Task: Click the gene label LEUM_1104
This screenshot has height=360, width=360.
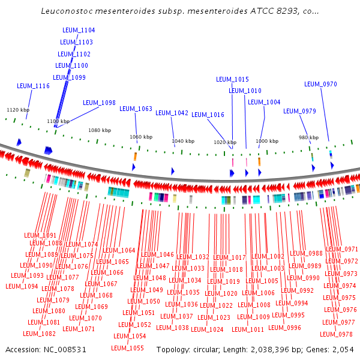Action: tap(79, 30)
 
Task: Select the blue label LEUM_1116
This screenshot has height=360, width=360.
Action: tap(33, 86)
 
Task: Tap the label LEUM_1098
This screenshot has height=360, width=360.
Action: tap(99, 103)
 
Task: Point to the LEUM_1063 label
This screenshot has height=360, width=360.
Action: tap(136, 109)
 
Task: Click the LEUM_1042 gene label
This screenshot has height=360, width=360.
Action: tap(172, 113)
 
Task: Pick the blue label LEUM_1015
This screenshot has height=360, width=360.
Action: tap(232, 79)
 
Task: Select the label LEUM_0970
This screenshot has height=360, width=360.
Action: tap(320, 84)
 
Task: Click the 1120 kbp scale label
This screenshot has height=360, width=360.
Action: tap(18, 110)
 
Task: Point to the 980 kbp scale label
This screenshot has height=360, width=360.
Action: tap(308, 137)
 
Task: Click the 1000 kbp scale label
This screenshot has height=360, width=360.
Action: tap(267, 141)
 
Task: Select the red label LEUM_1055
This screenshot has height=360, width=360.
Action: tap(127, 348)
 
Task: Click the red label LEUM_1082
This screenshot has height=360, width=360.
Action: tap(40, 334)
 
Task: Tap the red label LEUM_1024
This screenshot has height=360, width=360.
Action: tap(207, 329)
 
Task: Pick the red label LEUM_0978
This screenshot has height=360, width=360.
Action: tap(336, 334)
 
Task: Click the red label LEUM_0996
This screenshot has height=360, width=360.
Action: tap(285, 328)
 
